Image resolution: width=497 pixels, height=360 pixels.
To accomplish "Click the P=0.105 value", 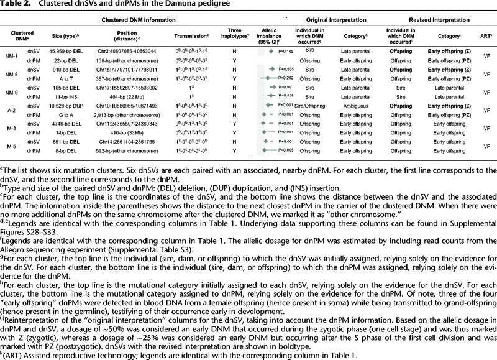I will point(285,50).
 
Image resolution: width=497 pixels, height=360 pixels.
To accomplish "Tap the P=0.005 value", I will point(285,150).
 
